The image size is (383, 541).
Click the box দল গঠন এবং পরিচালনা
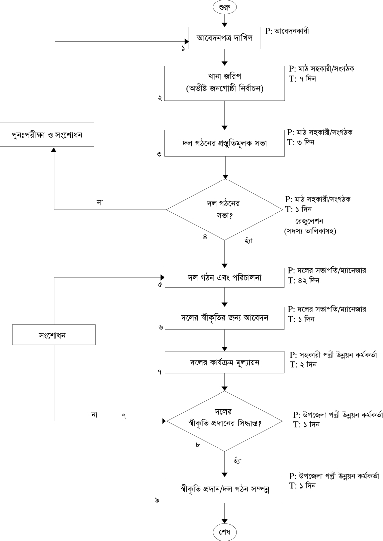pyautogui.click(x=225, y=278)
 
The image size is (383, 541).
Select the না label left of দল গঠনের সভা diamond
pyautogui.click(x=99, y=202)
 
